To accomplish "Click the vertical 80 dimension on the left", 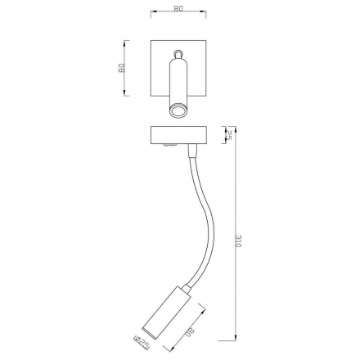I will click(121, 68).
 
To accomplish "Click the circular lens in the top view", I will click(178, 108).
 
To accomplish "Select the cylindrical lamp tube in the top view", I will click(178, 82).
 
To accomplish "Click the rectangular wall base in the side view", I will click(178, 136).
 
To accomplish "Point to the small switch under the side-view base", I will click(168, 148).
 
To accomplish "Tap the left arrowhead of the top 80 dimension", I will click(153, 17).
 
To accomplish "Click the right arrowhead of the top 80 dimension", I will click(205, 17).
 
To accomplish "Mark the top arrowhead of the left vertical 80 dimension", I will click(129, 43).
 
